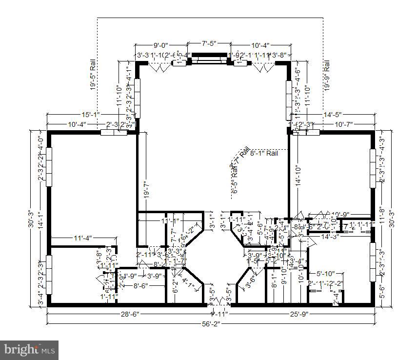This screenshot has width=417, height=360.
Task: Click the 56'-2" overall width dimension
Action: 211,324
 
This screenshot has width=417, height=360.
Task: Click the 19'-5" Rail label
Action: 92,75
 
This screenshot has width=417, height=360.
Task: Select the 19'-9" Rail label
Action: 327,76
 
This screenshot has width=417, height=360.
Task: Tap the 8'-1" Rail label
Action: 264,153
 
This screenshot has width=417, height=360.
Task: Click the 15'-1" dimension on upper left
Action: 91,114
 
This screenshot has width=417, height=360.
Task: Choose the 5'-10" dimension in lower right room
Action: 325,274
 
